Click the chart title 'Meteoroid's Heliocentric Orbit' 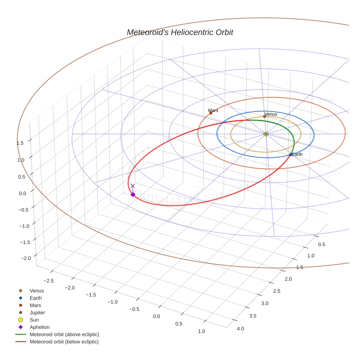(180, 32)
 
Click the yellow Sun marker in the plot (266, 134)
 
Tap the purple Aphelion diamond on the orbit (133, 195)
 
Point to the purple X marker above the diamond (132, 186)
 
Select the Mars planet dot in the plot (211, 113)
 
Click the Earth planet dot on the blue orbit (290, 155)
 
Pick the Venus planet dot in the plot (265, 117)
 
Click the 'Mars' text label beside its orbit (213, 110)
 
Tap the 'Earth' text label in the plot (297, 154)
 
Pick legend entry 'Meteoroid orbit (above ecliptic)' (64, 334)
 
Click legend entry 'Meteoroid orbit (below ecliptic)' (64, 342)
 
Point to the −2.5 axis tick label (49, 281)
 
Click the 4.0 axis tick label (240, 329)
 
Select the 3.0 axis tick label (265, 303)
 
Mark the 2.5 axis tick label (277, 291)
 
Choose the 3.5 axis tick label (253, 316)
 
